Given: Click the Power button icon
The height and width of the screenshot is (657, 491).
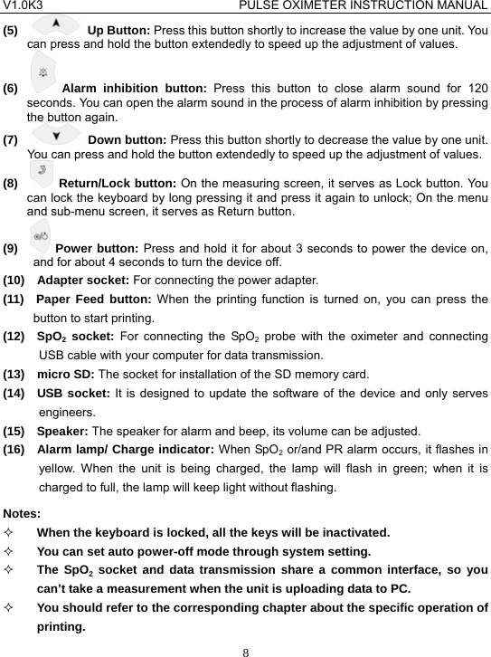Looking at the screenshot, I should click(40, 240).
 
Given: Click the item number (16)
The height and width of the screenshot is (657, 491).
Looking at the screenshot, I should click(15, 450).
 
